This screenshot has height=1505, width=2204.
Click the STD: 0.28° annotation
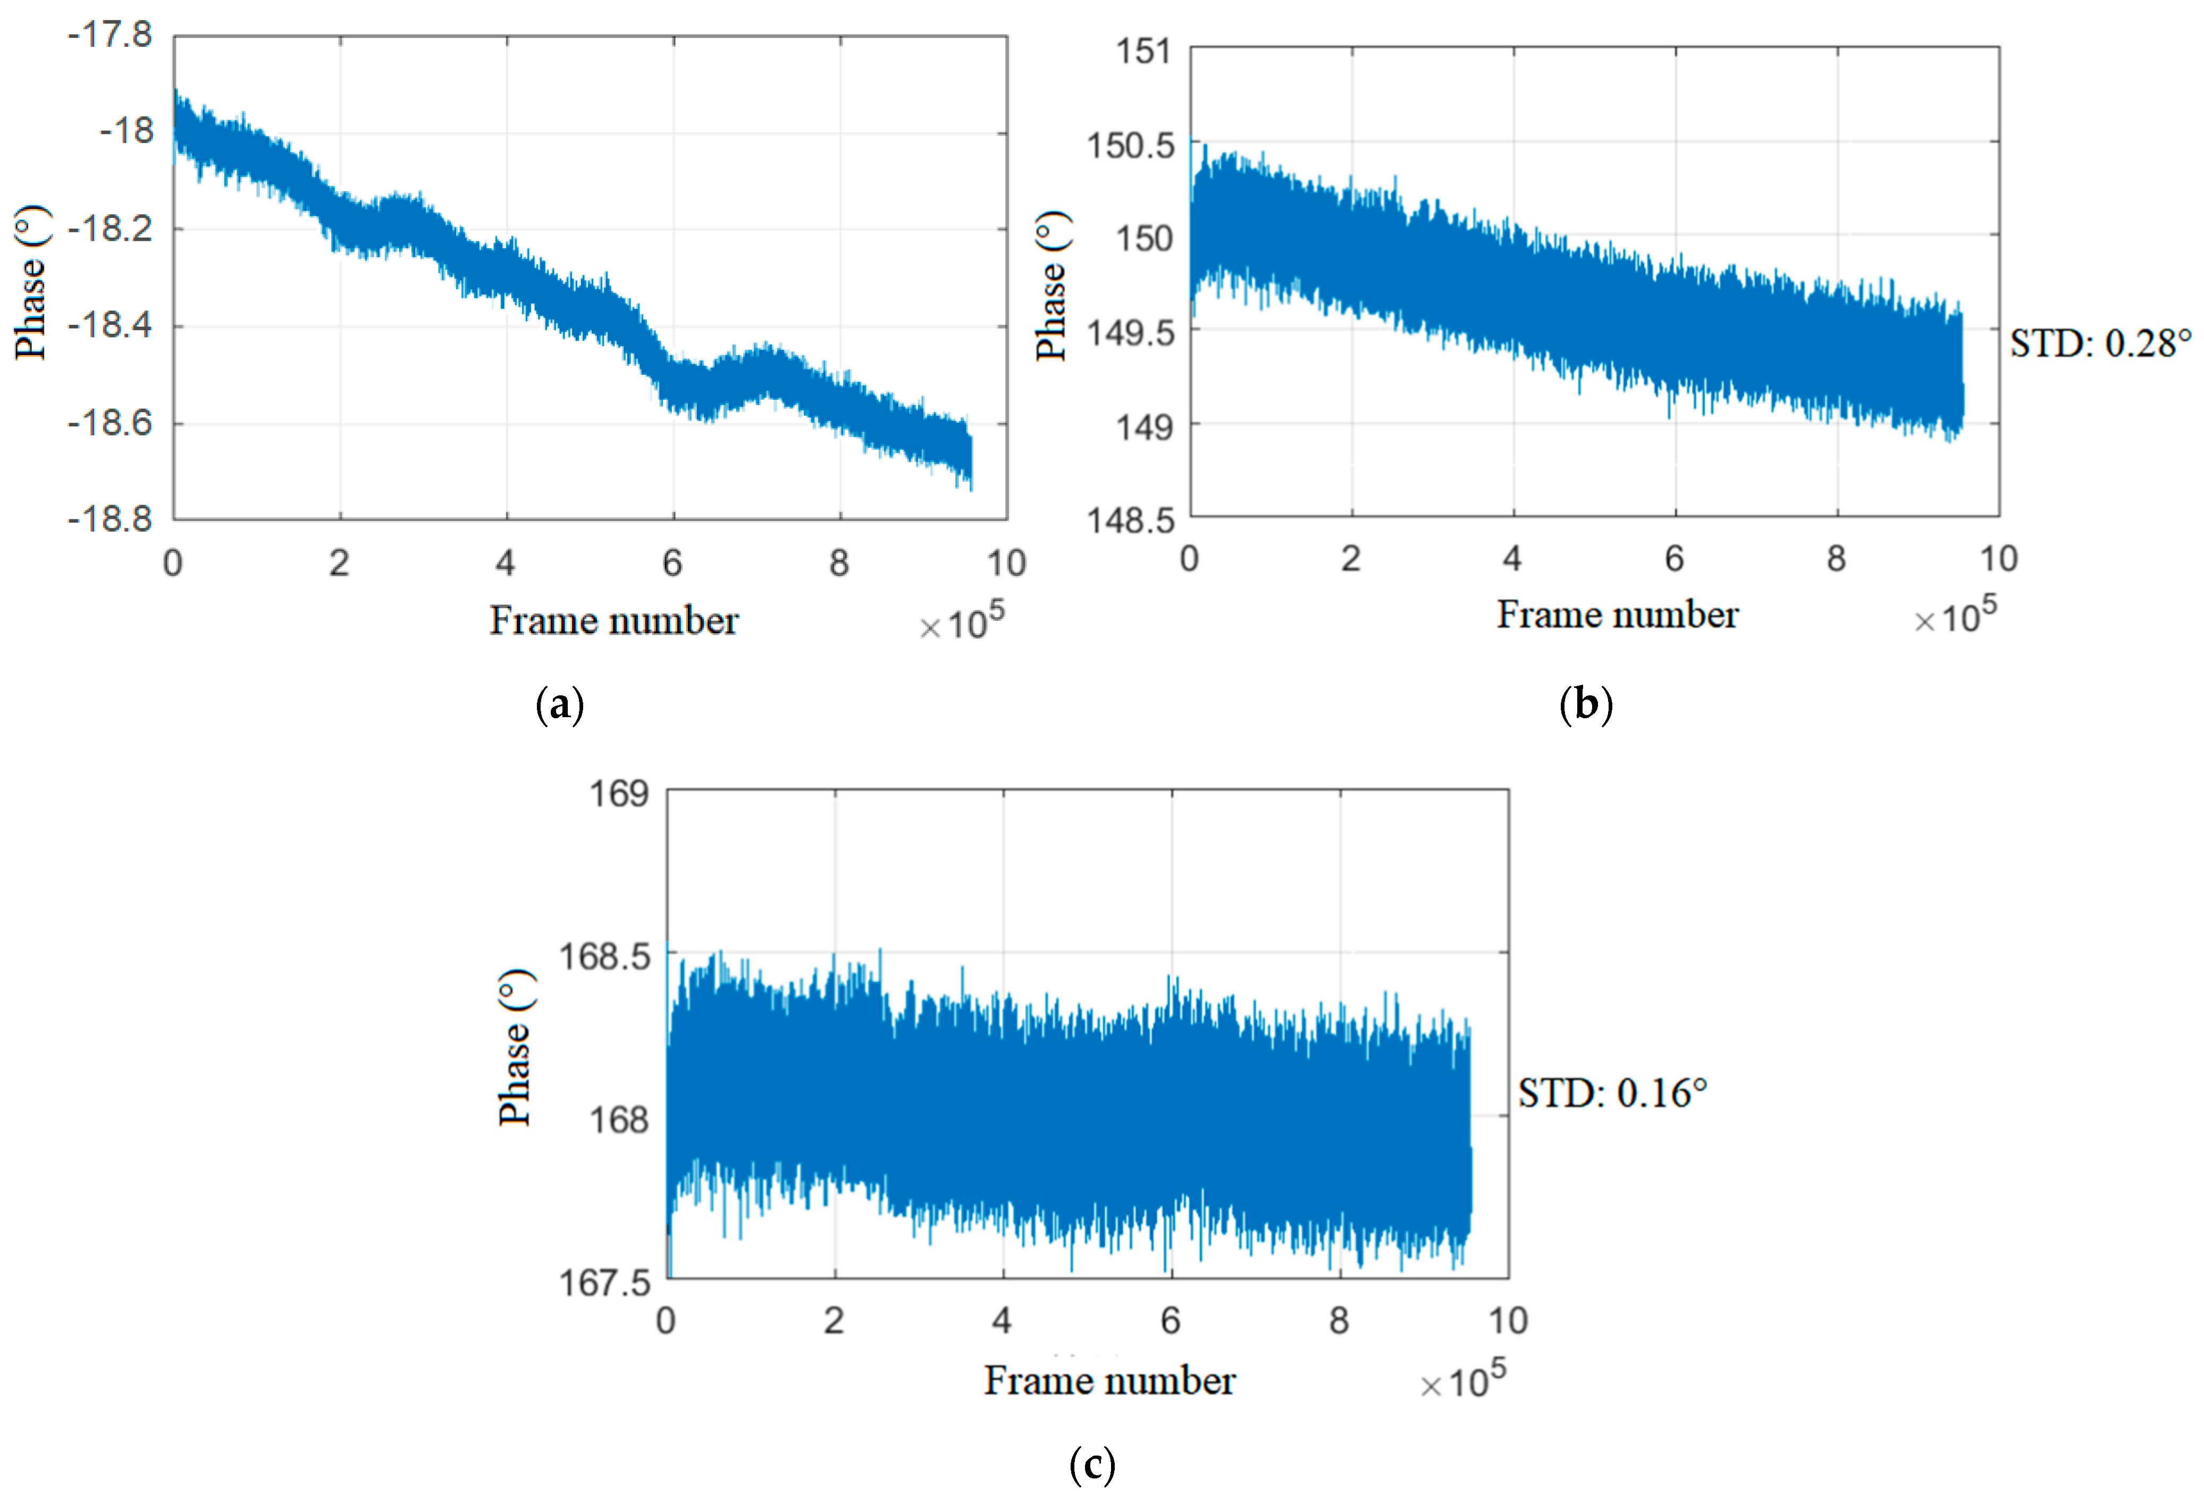(x=2100, y=343)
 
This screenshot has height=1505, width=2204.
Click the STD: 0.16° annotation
(x=1612, y=1094)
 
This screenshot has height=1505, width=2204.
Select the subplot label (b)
(x=1586, y=704)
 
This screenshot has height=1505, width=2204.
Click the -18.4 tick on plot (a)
(x=110, y=325)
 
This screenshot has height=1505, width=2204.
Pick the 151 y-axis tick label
(x=1143, y=51)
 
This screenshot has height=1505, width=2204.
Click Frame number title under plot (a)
(x=613, y=621)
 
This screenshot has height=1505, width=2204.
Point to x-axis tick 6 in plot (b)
(x=1675, y=559)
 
